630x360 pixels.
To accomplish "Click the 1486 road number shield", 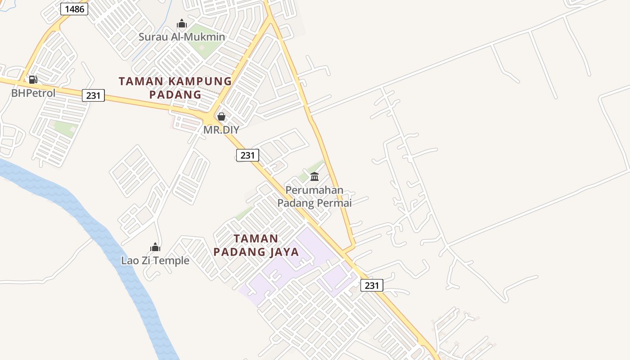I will point(74,9).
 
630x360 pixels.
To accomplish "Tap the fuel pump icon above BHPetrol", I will point(33,80).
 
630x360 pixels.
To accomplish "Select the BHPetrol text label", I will point(33,93).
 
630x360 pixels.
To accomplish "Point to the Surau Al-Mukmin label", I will point(181,37).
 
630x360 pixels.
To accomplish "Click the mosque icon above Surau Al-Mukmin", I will point(182,23).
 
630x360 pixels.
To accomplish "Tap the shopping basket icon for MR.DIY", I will point(221,117).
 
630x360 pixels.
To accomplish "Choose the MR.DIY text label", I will point(221,130).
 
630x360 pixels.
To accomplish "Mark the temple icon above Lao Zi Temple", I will point(155,247).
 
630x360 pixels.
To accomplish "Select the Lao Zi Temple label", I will point(155,261).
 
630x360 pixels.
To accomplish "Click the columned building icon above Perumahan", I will point(315,176).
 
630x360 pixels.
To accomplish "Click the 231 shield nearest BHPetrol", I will point(93,95).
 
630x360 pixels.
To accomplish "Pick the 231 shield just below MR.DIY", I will point(247,155).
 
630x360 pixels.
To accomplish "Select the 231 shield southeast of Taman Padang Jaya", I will point(372,285).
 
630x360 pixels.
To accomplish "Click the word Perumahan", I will point(314,190).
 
